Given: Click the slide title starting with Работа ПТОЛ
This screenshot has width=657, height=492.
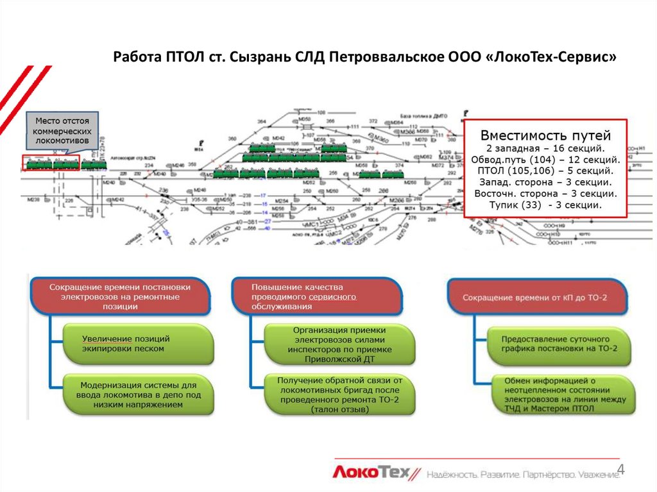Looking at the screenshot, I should click(x=364, y=57).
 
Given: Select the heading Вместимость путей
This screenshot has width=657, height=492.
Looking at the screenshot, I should click(x=546, y=135).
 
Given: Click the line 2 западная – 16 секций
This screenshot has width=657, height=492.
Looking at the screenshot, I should click(x=546, y=148).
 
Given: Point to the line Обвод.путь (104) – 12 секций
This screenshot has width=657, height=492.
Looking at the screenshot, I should click(x=546, y=160).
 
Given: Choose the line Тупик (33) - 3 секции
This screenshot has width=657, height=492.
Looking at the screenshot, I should click(x=546, y=206).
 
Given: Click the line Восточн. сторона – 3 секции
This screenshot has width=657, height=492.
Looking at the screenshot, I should click(x=546, y=194).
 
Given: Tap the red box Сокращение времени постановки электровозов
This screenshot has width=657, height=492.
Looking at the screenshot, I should click(x=120, y=298).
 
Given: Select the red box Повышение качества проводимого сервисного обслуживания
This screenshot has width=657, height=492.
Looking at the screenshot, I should click(x=317, y=296).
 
